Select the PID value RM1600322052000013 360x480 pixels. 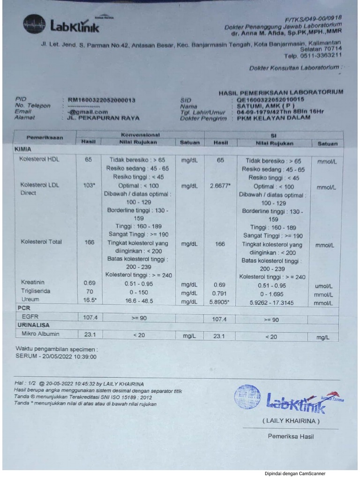(x=102, y=100)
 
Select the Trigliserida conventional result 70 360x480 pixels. (x=89, y=291)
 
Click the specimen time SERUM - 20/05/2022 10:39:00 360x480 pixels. (x=56, y=357)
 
